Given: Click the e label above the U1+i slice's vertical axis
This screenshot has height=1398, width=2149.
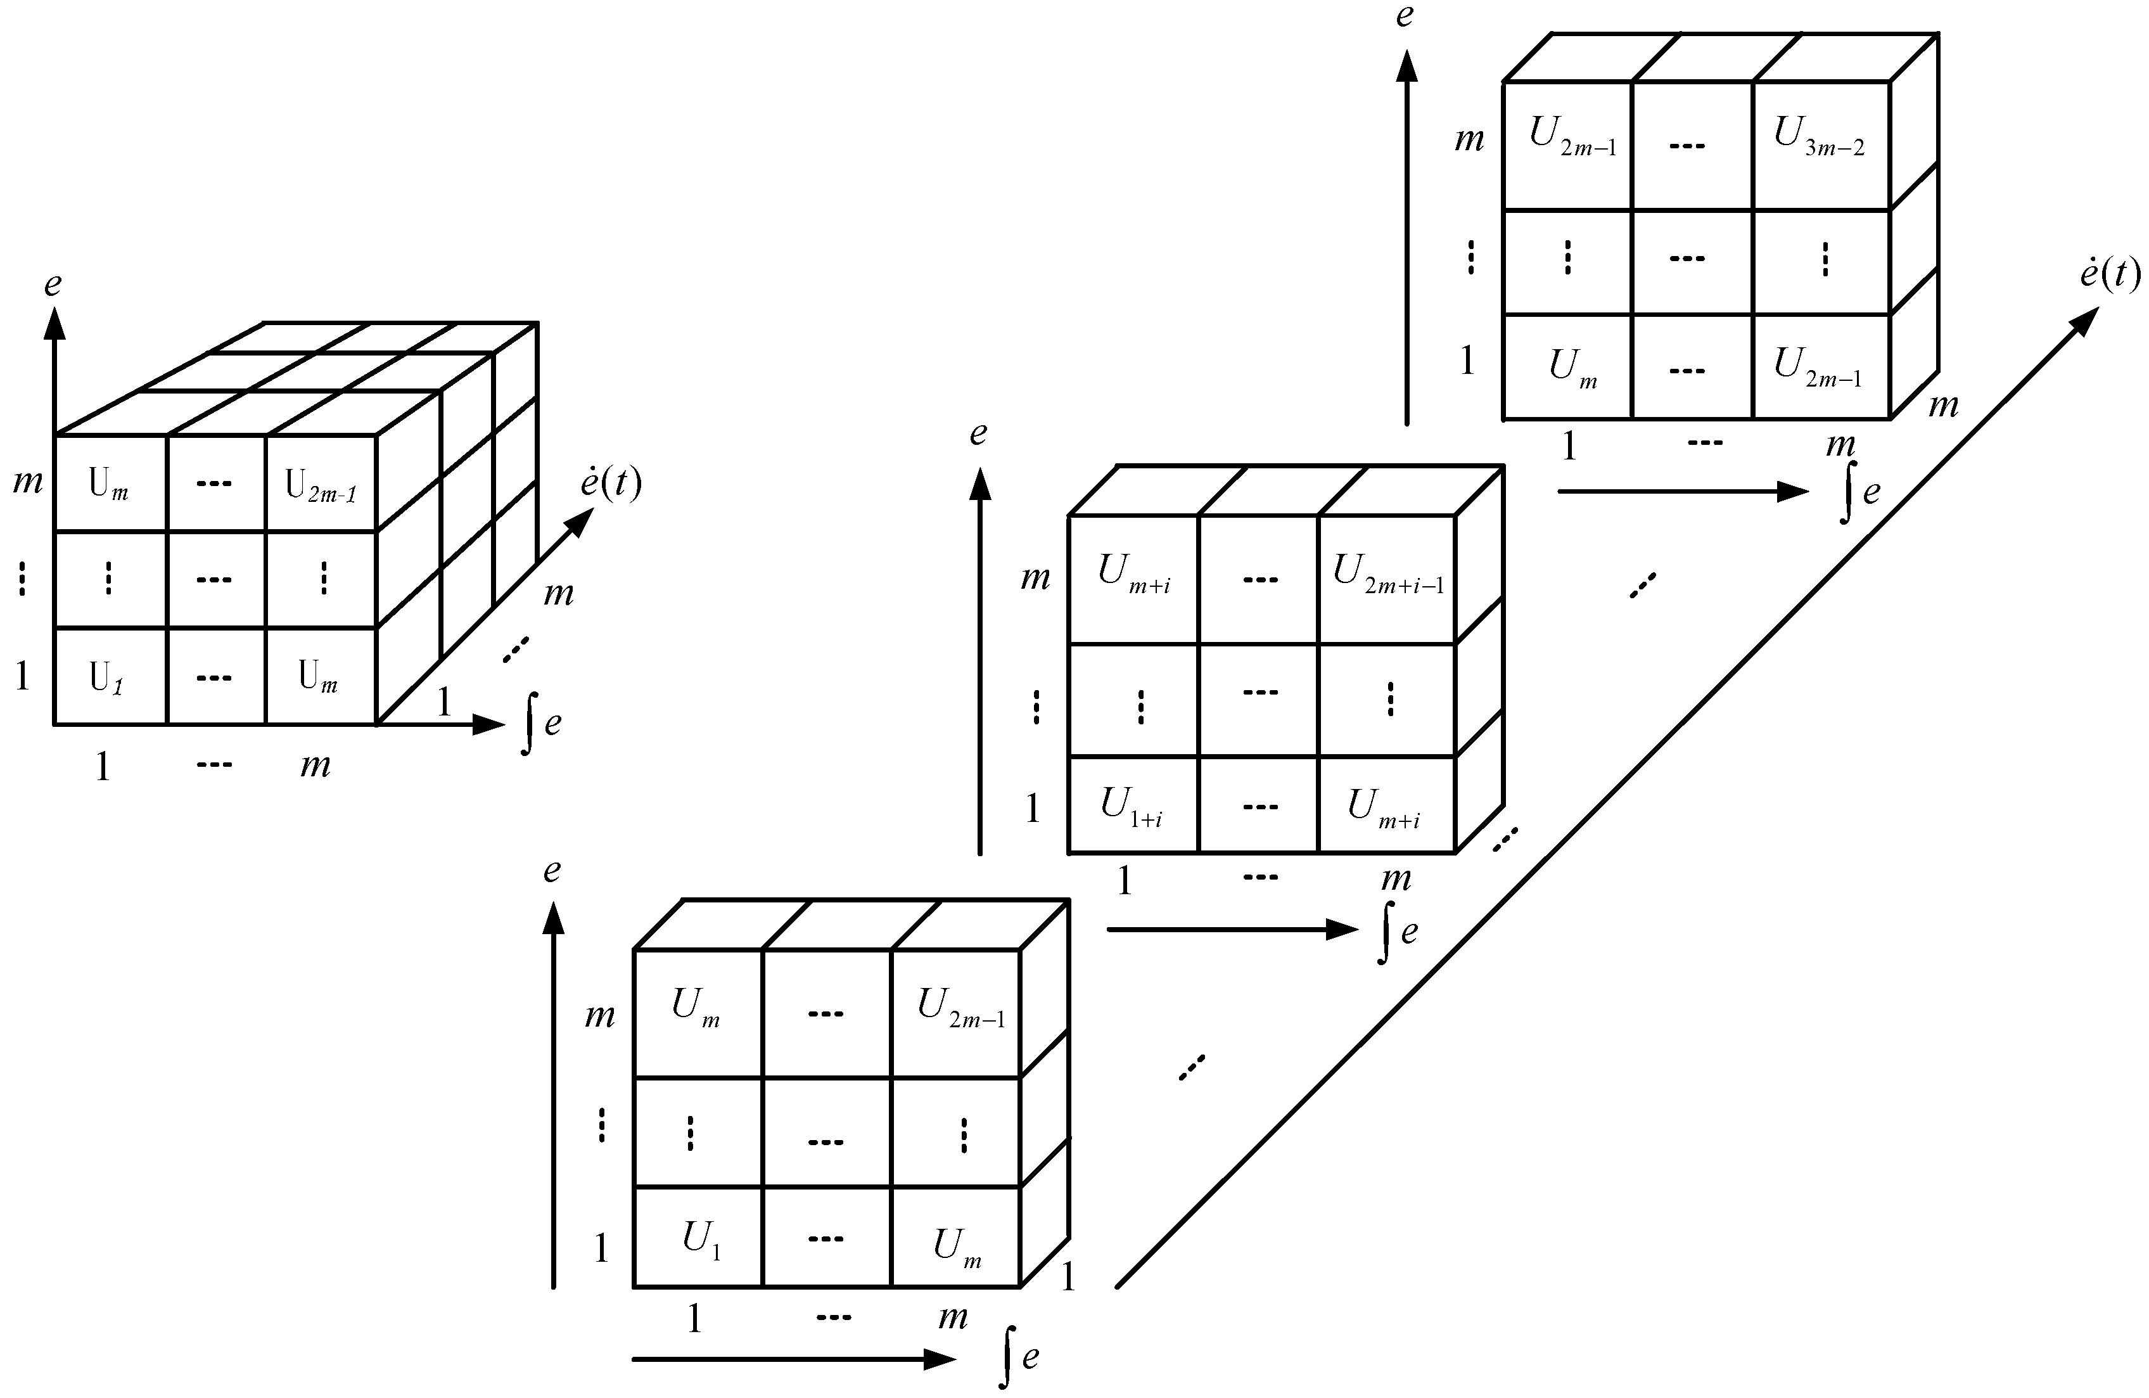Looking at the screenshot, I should pos(978,434).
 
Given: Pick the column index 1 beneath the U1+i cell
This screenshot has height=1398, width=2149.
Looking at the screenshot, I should pos(1124,880).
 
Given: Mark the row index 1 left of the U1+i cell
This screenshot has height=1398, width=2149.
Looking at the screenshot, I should pos(1033,808).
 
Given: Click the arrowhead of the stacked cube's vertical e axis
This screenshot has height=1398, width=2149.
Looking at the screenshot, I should pos(55,323).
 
